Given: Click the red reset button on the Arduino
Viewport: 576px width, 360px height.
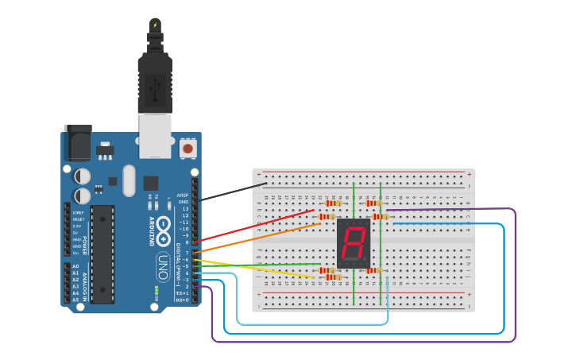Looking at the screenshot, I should tap(188, 148).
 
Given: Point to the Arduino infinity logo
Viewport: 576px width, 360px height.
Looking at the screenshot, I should tap(164, 231).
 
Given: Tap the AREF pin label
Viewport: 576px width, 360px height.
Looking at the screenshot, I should tap(183, 195).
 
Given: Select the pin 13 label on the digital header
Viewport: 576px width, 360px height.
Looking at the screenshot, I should tap(184, 209).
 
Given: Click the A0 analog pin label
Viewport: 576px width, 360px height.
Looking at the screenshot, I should tap(75, 266).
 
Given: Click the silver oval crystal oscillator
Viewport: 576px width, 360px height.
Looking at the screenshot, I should tap(129, 180).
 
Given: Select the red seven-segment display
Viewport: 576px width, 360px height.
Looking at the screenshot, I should tap(354, 242).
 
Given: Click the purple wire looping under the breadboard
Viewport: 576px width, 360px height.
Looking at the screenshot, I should tap(358, 342).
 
